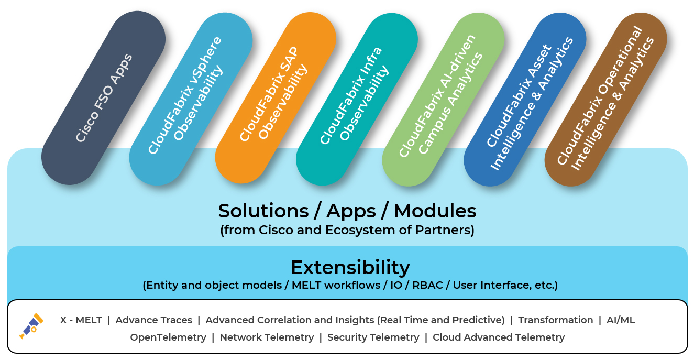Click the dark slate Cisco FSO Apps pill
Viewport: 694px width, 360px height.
coord(104,98)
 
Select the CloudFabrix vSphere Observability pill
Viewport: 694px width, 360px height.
coord(191,99)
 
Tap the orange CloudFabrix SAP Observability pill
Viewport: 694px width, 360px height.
coord(276,98)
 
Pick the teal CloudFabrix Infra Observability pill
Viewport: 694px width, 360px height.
coord(357,99)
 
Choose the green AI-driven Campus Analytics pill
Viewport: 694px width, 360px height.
coord(443,100)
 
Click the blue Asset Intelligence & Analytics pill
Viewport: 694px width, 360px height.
coord(525,100)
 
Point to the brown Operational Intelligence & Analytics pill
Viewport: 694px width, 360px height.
coord(606,100)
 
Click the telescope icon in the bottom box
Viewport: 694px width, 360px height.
coord(31,326)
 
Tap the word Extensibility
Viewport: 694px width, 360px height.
coord(350,268)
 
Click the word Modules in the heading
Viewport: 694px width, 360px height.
coord(435,211)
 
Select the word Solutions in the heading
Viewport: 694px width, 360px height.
coord(263,211)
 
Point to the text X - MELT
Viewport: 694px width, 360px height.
coord(81,320)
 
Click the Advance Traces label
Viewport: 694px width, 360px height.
coord(153,320)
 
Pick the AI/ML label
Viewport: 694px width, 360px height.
coord(621,320)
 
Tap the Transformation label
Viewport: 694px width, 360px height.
coord(556,320)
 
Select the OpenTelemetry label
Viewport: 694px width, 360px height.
coord(168,337)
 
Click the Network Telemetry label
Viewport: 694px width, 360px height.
coord(267,337)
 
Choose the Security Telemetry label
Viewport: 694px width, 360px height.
coord(373,337)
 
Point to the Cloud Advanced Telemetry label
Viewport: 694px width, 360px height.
coord(499,337)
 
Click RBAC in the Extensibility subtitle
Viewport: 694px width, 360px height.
coord(427,285)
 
